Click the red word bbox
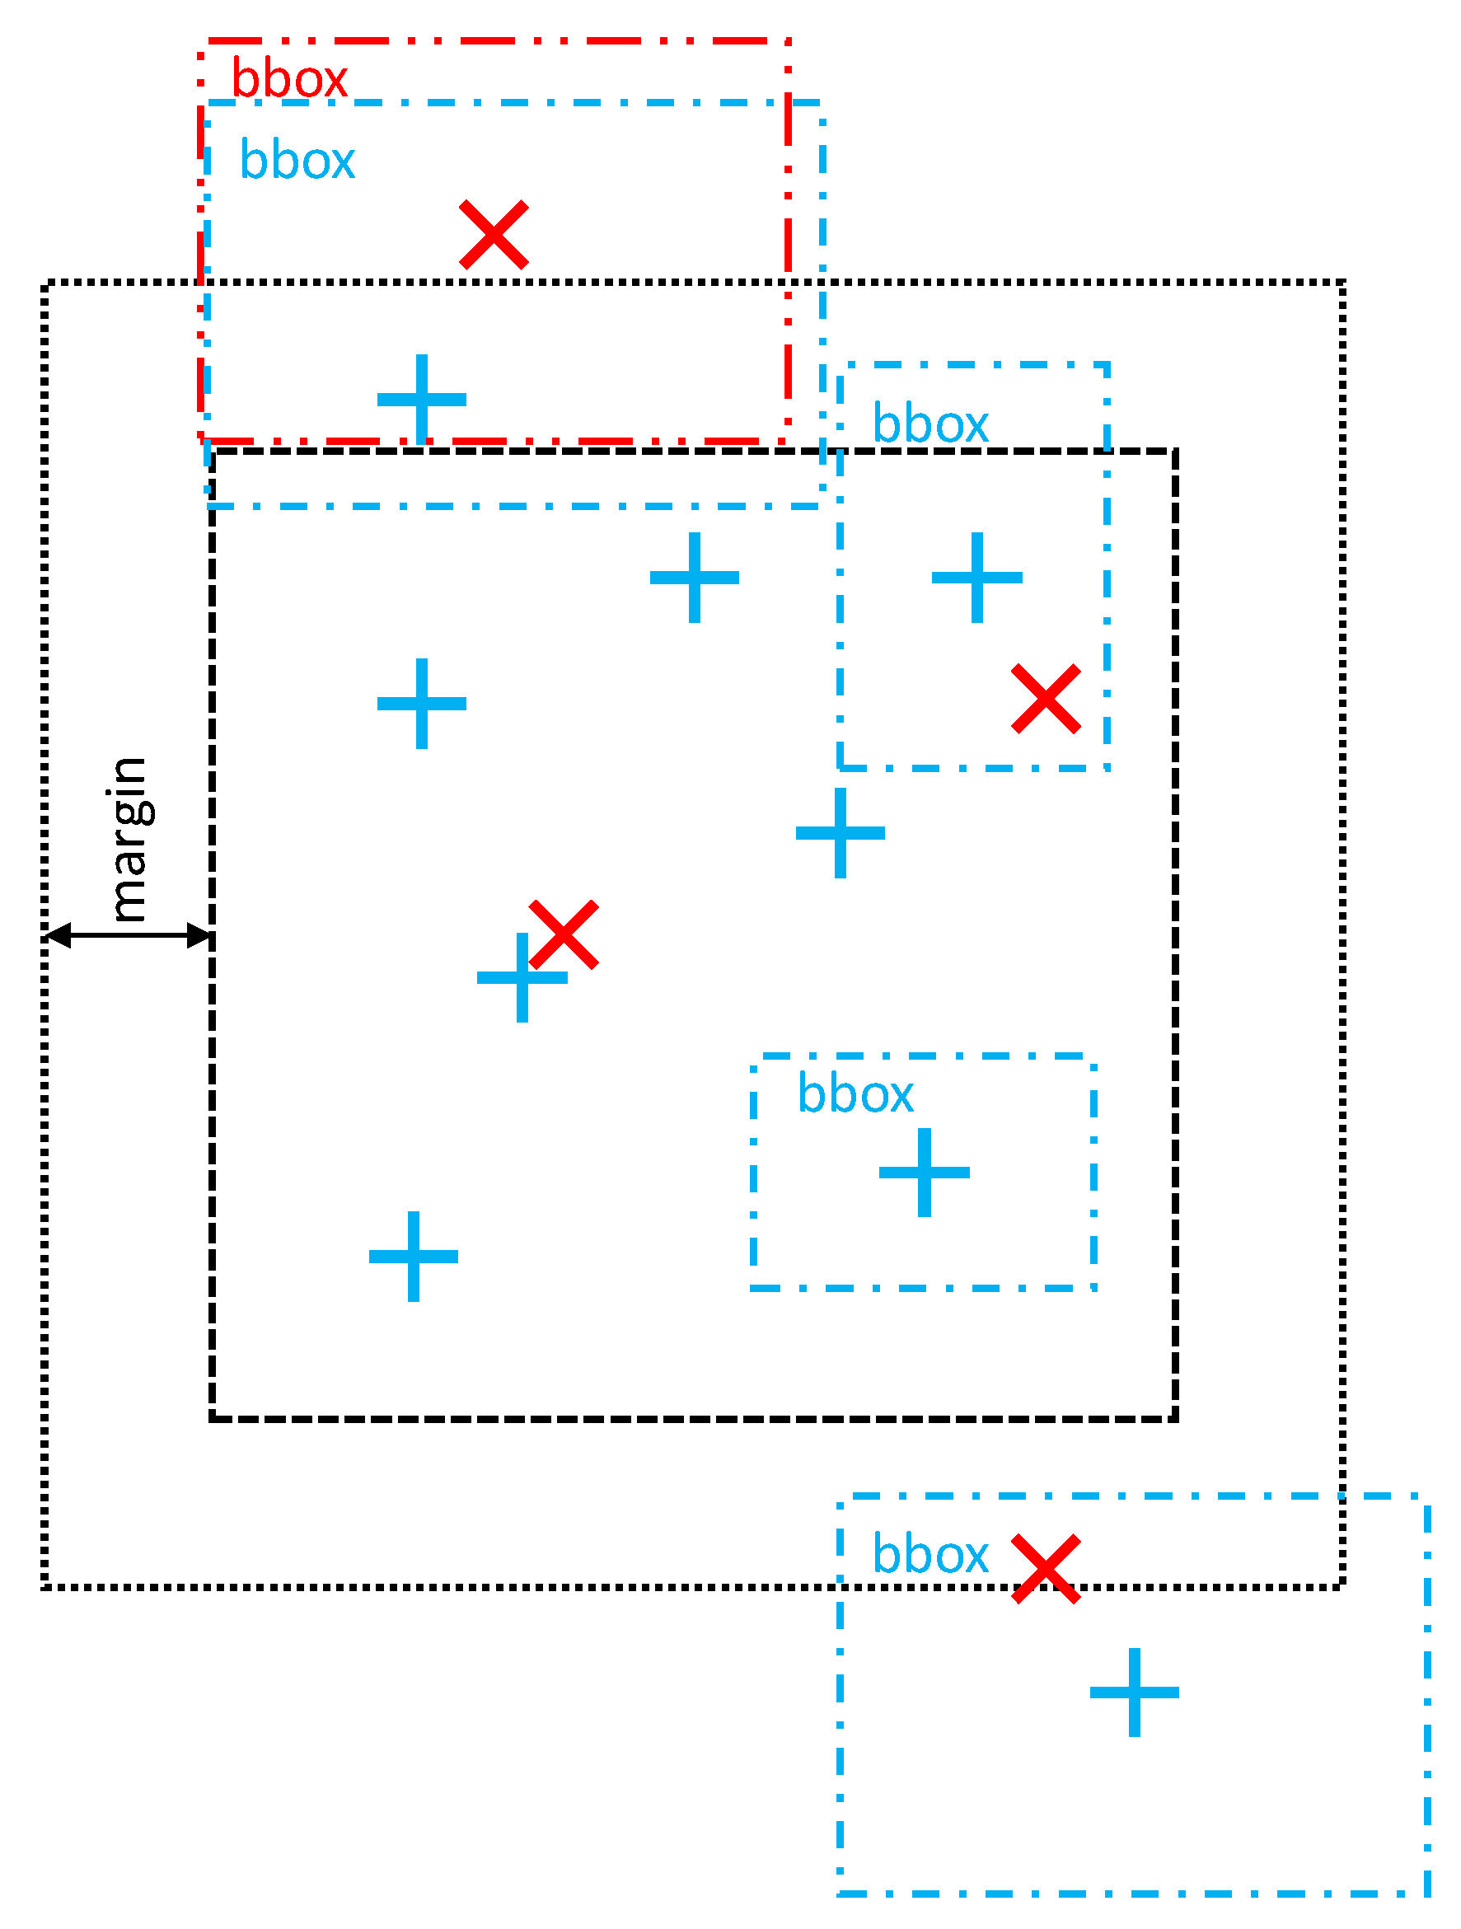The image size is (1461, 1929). pos(288,79)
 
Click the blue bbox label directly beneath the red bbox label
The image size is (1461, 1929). pos(297,161)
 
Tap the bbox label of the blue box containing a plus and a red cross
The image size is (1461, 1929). pos(930,424)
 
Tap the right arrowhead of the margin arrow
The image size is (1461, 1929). pos(199,936)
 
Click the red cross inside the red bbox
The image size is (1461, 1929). pos(494,235)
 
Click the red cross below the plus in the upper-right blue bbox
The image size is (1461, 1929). pos(1046,699)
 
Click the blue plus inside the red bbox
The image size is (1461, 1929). pos(421,400)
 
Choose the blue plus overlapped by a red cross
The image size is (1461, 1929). pos(522,977)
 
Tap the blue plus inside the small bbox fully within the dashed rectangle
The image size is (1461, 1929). pos(924,1173)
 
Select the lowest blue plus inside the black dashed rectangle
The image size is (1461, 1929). pos(414,1257)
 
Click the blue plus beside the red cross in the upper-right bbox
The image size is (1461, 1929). pos(977,578)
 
